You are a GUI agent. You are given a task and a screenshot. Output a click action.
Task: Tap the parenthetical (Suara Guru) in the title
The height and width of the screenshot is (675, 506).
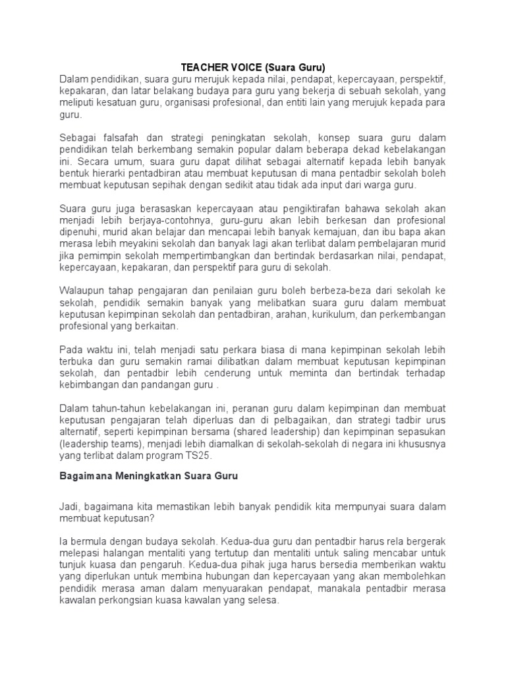click(295, 67)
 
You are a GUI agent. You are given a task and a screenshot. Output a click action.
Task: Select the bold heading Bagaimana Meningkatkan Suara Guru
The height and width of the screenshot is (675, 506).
click(148, 477)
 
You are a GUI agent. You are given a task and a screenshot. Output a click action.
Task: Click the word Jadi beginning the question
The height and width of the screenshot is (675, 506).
click(70, 506)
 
